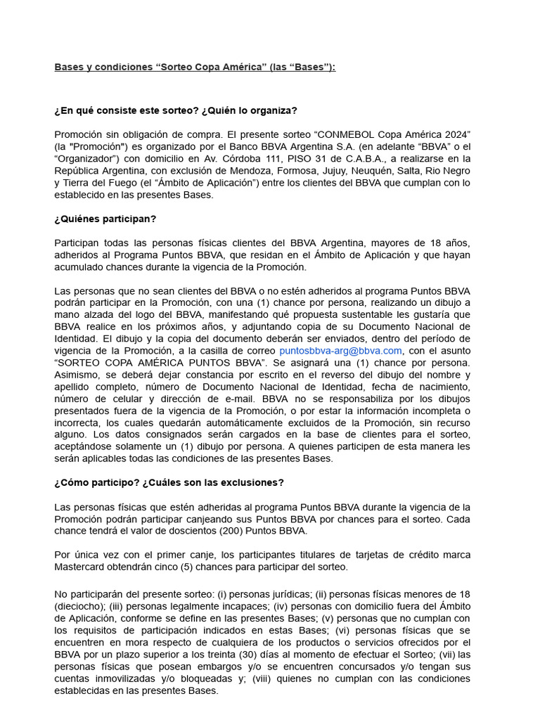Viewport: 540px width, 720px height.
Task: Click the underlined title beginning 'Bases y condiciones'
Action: point(195,67)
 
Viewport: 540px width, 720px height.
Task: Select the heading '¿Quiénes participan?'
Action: point(105,219)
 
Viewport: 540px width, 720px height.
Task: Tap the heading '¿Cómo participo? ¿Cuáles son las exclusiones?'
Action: point(169,482)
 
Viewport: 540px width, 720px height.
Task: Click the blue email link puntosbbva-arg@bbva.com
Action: point(340,351)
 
